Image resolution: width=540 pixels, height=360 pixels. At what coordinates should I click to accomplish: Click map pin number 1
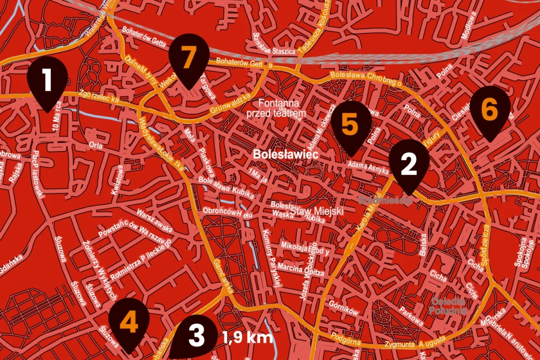47,81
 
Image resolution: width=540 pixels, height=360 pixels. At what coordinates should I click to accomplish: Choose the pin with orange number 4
129,323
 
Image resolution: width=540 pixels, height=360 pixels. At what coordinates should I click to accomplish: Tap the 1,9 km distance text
247,337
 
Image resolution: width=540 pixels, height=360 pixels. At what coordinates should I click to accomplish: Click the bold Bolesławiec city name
286,154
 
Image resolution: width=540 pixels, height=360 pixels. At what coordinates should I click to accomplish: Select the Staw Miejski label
317,211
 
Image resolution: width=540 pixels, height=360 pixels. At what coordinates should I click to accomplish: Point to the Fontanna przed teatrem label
276,108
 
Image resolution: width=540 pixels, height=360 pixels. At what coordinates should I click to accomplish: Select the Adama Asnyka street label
368,168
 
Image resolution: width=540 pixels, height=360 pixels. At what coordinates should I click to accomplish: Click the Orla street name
95,145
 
